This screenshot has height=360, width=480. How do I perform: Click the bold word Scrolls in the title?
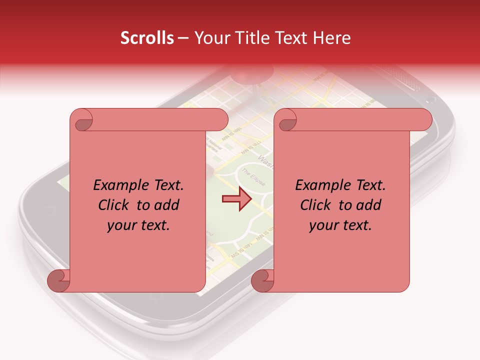pyautogui.click(x=147, y=38)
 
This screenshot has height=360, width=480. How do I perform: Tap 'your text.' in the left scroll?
pyautogui.click(x=138, y=225)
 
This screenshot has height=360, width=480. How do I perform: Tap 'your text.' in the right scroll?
pyautogui.click(x=340, y=225)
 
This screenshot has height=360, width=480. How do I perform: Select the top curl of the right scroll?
pyautogui.click(x=287, y=120)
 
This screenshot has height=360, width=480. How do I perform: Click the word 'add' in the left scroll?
pyautogui.click(x=167, y=205)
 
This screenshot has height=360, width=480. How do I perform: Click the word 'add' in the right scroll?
pyautogui.click(x=369, y=205)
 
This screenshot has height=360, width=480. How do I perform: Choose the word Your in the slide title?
pyautogui.click(x=210, y=38)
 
